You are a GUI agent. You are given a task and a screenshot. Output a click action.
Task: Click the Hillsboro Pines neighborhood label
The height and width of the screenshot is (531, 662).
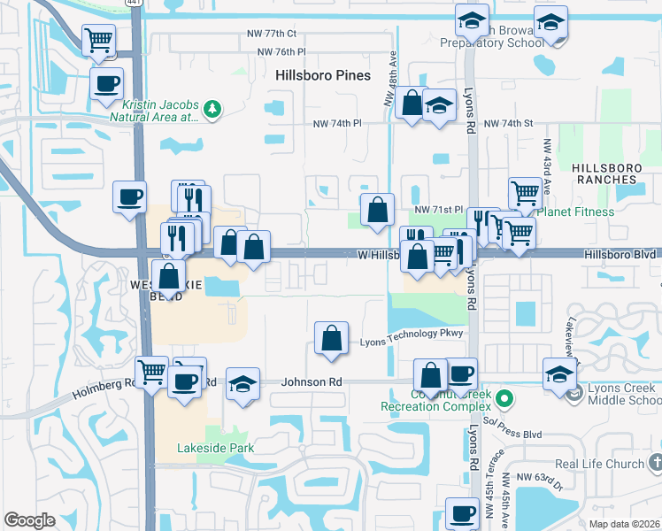(x=322, y=75)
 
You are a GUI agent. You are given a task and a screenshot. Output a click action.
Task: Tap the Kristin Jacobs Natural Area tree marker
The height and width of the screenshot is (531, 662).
(x=212, y=109)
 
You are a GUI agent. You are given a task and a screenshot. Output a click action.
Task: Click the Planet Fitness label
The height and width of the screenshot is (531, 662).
(x=575, y=212)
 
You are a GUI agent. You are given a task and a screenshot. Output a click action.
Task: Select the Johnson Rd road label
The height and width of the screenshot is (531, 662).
(x=312, y=382)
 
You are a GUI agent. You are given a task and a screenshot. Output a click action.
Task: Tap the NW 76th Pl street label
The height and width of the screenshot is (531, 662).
(x=281, y=52)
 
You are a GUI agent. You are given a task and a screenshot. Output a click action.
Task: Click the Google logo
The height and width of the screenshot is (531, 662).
(x=29, y=520)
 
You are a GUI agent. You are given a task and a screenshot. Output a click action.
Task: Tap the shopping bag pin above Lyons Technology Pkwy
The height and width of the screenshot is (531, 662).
(x=331, y=338)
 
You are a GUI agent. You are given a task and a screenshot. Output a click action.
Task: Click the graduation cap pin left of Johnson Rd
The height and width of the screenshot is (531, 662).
(x=242, y=384)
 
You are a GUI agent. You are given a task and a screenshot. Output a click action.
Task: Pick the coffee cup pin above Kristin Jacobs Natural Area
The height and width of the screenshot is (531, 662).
(x=106, y=84)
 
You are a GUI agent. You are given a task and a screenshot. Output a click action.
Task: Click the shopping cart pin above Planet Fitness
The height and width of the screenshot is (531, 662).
(x=526, y=192)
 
